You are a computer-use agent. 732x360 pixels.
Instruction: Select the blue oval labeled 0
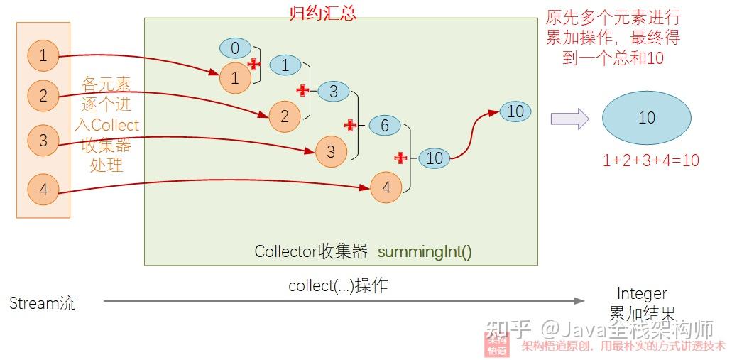[235, 48]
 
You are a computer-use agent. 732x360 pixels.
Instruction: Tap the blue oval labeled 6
[385, 126]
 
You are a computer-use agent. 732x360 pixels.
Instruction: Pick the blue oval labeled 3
[333, 91]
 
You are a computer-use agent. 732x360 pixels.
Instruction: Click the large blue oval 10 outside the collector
[646, 117]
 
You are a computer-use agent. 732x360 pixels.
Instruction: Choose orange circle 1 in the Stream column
[43, 55]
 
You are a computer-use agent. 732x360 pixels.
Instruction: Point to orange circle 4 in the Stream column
[43, 190]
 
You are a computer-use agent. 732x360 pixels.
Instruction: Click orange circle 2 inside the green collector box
[285, 116]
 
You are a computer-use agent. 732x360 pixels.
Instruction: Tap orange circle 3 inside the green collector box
[330, 151]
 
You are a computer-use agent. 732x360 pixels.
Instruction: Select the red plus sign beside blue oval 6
[349, 125]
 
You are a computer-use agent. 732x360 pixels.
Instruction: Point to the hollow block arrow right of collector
[570, 118]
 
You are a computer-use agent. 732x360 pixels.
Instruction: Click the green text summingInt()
[425, 251]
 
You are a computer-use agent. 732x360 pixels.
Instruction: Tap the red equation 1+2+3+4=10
[650, 160]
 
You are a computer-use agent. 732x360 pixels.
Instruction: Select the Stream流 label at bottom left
[43, 303]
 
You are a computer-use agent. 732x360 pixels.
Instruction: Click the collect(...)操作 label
[337, 286]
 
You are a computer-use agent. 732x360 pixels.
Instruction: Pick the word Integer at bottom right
[642, 293]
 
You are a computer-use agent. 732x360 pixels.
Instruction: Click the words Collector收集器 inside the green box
[311, 251]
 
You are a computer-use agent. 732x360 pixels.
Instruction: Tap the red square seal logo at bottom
[497, 344]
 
